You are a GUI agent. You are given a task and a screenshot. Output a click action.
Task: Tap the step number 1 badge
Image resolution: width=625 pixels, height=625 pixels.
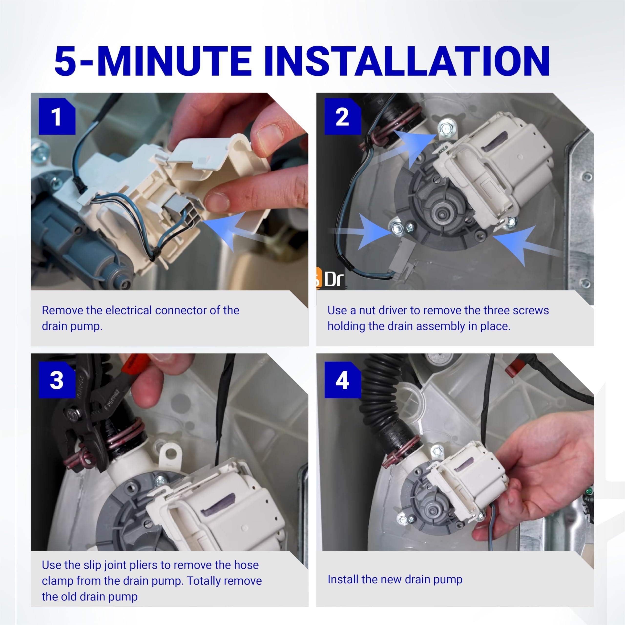click(57, 116)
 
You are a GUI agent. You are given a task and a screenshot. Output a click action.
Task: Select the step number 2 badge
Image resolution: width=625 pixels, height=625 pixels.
click(342, 116)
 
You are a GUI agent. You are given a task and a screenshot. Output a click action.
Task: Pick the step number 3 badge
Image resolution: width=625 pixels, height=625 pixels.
click(57, 380)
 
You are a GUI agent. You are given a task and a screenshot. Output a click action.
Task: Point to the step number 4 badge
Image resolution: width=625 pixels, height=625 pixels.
click(342, 380)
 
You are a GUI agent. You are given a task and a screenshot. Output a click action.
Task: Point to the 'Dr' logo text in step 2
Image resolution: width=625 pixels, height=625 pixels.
click(333, 279)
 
